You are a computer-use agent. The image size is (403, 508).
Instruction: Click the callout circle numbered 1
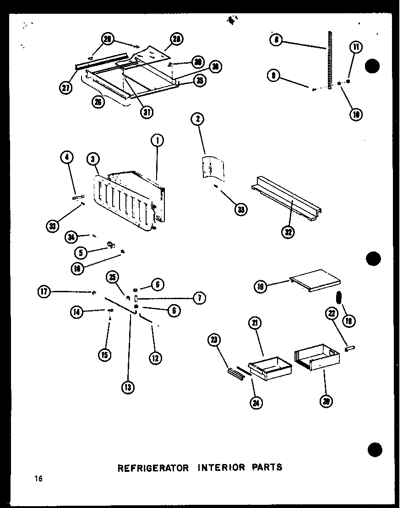157,140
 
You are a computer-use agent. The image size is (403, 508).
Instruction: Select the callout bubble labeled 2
197,120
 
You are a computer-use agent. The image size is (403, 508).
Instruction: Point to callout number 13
128,388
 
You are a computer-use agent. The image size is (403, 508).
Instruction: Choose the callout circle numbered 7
199,298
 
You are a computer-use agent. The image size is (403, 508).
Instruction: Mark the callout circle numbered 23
214,339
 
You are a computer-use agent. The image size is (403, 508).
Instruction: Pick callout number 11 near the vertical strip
356,47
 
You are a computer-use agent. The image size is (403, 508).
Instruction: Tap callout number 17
44,291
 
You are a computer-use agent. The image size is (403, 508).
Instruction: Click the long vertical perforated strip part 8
329,60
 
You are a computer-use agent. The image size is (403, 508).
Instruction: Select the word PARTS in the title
267,468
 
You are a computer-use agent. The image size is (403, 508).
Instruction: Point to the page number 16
38,479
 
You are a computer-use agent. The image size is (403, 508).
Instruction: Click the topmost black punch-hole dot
373,66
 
